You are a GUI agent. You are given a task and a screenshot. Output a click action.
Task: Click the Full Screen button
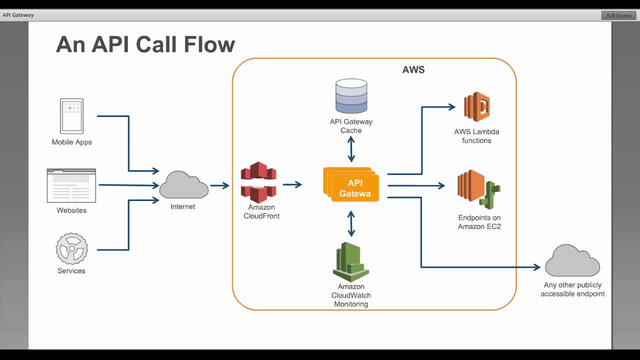pyautogui.click(x=618, y=15)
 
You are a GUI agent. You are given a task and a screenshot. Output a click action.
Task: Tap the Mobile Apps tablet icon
pyautogui.click(x=72, y=116)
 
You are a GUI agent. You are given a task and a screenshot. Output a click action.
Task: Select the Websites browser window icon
pyautogui.click(x=71, y=185)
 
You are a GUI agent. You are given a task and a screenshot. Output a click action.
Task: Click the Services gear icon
pyautogui.click(x=71, y=248)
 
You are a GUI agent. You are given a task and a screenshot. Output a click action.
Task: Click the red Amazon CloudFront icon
pyautogui.click(x=258, y=182)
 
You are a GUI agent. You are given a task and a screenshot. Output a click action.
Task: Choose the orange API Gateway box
pyautogui.click(x=353, y=186)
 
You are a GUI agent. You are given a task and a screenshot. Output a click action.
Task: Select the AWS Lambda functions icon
pyautogui.click(x=476, y=107)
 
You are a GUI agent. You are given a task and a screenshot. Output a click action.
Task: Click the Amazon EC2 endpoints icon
pyautogui.click(x=478, y=190)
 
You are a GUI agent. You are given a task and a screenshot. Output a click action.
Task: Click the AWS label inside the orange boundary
pyautogui.click(x=413, y=69)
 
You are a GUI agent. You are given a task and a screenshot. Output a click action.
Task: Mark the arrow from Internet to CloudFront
pyautogui.click(x=219, y=185)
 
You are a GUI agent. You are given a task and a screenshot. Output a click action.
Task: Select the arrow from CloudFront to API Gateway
pyautogui.click(x=292, y=184)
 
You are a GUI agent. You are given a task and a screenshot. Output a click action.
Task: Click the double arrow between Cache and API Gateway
pyautogui.click(x=351, y=149)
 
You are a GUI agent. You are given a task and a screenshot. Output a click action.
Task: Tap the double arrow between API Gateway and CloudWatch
pyautogui.click(x=351, y=223)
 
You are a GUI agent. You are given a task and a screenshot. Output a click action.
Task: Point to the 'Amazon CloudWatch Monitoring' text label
pyautogui.click(x=351, y=295)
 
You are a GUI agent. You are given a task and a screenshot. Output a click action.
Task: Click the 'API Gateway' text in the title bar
pyautogui.click(x=18, y=15)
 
